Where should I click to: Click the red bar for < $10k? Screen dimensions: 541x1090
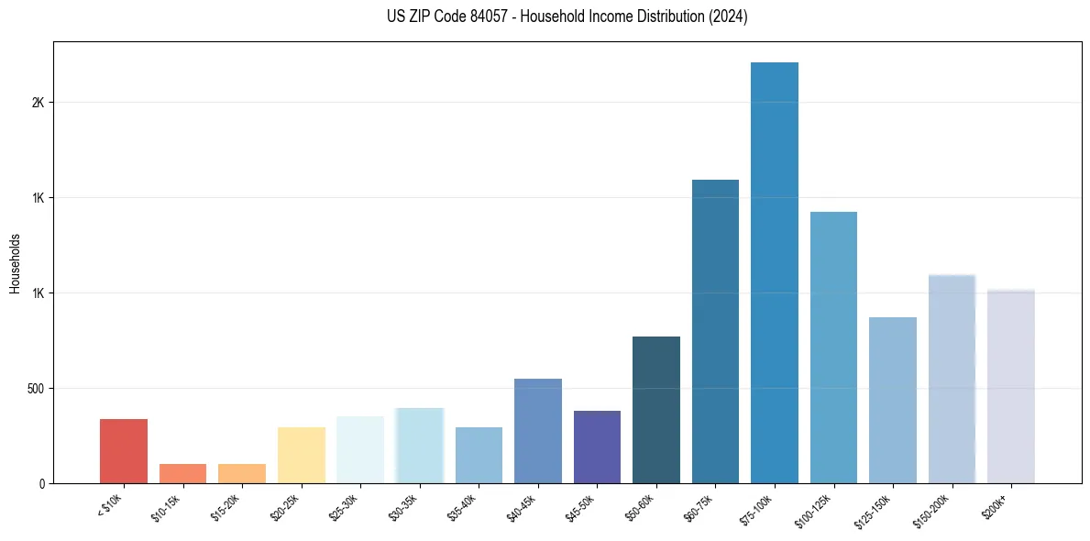(124, 451)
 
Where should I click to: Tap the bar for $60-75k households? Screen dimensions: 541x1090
(715, 331)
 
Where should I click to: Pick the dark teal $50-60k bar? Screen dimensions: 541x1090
(656, 410)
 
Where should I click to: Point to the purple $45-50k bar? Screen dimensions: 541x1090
(597, 447)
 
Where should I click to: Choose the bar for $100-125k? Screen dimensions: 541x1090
(833, 348)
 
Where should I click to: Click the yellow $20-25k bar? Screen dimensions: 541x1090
(302, 455)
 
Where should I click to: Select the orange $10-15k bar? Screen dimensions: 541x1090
(182, 473)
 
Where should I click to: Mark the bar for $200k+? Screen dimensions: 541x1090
(1011, 386)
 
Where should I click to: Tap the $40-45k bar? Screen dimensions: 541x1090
(538, 431)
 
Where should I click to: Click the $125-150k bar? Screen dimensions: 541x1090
(893, 400)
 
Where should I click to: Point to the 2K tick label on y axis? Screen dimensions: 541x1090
(38, 103)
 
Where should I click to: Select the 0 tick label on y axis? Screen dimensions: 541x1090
(42, 484)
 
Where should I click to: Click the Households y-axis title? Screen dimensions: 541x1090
(15, 263)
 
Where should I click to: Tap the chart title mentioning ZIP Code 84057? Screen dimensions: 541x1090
(567, 17)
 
